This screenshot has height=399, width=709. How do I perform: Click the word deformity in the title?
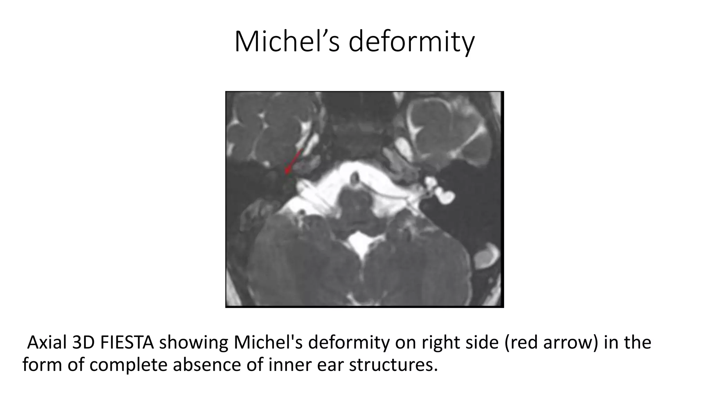(x=411, y=42)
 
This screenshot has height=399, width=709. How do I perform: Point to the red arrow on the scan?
(x=293, y=162)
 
